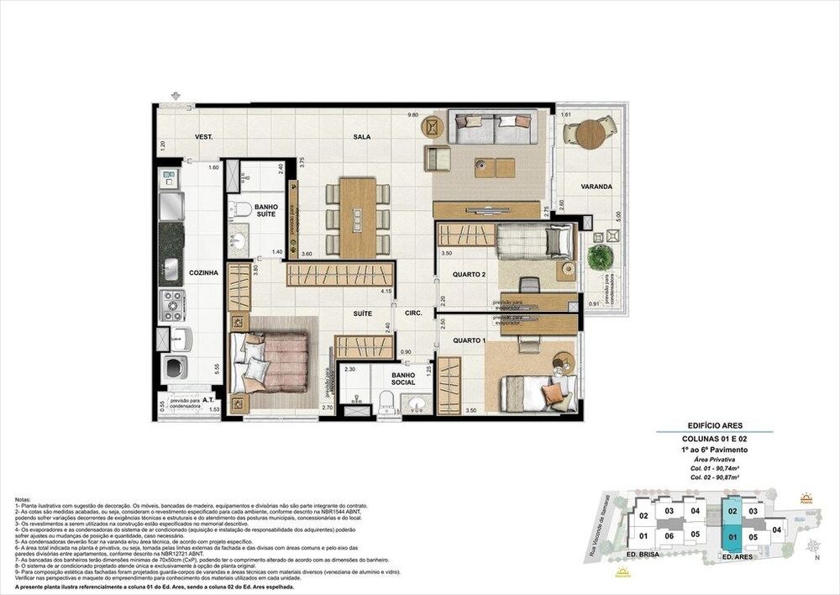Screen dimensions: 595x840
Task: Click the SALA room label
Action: [x=362, y=136]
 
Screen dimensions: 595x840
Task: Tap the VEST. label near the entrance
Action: [x=203, y=136]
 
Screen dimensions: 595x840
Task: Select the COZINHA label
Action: [x=204, y=272]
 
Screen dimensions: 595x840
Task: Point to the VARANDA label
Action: [x=595, y=186]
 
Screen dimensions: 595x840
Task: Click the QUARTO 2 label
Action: [x=469, y=274]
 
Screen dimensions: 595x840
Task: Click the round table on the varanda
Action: [x=591, y=134]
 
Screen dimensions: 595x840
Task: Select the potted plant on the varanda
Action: [x=600, y=257]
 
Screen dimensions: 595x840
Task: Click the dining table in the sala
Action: [x=358, y=217]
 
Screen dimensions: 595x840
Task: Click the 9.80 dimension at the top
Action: [x=412, y=114]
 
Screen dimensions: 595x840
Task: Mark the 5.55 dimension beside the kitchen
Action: [x=218, y=367]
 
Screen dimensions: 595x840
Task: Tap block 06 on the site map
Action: [x=669, y=535]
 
